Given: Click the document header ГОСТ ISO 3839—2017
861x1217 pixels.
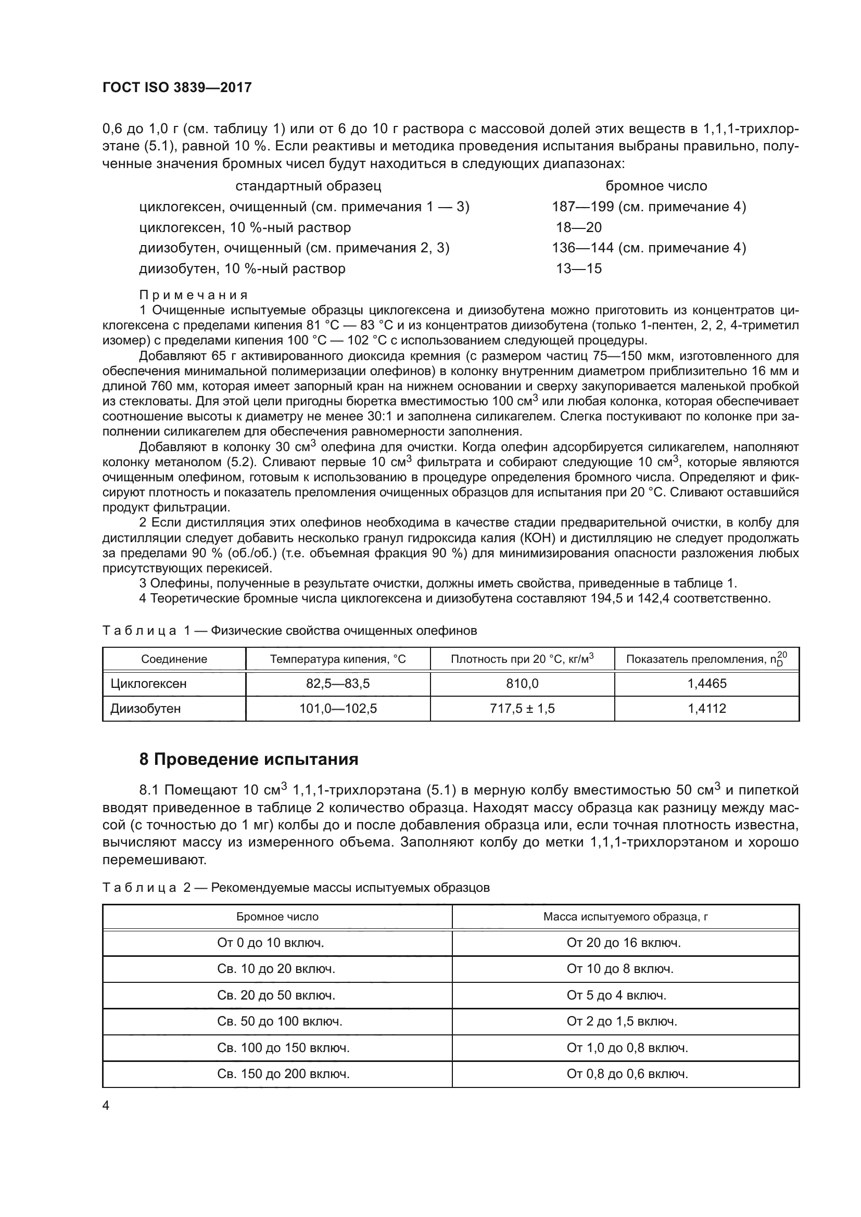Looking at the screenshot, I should tap(177, 87).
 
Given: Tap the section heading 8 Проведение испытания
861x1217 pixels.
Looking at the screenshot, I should tap(249, 759).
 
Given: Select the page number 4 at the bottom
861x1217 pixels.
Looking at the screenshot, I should tap(106, 1106).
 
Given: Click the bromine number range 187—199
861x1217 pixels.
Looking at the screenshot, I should tap(583, 207).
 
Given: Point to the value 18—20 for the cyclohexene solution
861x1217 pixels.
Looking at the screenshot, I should tap(578, 227).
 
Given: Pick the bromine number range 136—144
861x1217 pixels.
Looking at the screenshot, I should tap(583, 248).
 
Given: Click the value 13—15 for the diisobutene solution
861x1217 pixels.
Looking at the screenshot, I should tap(578, 268).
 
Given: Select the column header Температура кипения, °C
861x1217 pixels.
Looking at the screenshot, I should tap(338, 659).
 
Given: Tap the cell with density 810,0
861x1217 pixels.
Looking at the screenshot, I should tap(522, 684).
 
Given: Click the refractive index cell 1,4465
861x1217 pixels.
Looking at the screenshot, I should tap(707, 684).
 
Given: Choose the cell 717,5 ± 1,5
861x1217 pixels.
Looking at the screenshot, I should tap(522, 709).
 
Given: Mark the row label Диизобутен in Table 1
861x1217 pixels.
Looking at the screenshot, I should tap(145, 709).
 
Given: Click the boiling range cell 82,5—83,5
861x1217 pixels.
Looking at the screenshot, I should tap(338, 684).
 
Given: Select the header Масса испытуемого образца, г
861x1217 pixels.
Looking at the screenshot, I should tap(626, 917).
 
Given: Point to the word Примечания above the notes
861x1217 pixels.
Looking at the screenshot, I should tap(194, 294).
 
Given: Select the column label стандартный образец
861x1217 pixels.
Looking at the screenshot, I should tap(308, 186).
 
